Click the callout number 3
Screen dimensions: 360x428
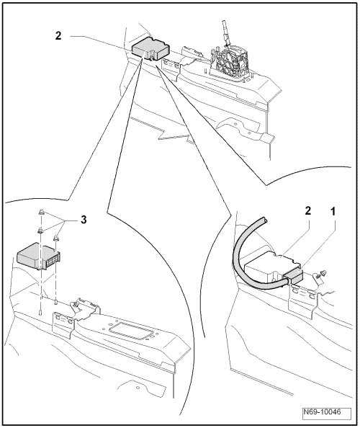(84, 219)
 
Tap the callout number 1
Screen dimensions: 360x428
(333, 211)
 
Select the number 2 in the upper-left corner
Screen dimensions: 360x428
(58, 36)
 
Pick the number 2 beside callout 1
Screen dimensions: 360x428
(308, 210)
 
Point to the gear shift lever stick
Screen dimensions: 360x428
(226, 32)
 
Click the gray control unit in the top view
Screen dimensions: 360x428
(150, 48)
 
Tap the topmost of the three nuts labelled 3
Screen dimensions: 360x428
(42, 212)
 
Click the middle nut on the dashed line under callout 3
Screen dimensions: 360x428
(41, 231)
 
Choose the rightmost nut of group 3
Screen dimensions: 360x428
(56, 238)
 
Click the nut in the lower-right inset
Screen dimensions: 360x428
(322, 273)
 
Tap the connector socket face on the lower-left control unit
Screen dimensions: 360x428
(53, 261)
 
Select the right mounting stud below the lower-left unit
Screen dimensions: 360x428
(55, 302)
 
